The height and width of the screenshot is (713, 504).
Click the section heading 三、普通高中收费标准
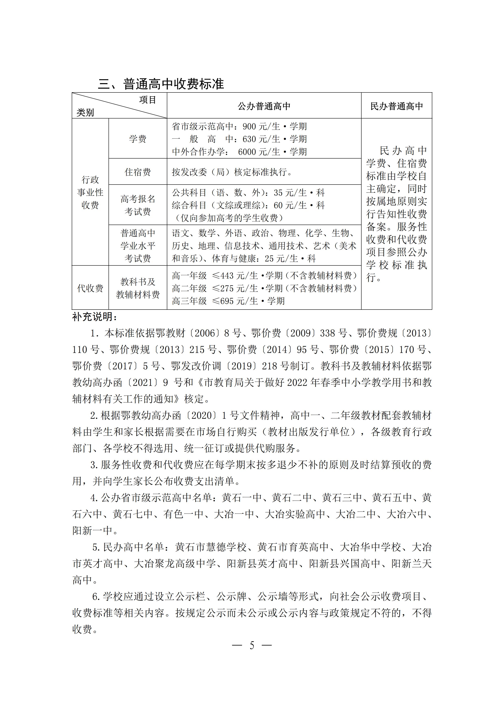coord(161,84)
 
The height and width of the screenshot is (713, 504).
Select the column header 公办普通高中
coord(264,107)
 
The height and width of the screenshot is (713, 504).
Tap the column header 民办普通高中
coord(396,107)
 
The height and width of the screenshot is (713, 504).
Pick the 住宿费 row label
coord(138,172)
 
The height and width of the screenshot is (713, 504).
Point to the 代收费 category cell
coord(90,288)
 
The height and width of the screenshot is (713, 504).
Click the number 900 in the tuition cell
coord(249,127)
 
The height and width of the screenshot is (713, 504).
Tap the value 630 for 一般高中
coord(249,139)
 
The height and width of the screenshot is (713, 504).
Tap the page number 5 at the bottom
coord(252,646)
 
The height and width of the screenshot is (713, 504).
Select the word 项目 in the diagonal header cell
coord(148,100)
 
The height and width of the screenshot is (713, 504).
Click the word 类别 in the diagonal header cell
coord(85,112)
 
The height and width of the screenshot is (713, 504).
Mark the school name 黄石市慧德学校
coord(211,547)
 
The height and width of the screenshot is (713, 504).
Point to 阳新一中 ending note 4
coord(92,531)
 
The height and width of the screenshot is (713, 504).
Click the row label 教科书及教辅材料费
coord(138,288)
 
